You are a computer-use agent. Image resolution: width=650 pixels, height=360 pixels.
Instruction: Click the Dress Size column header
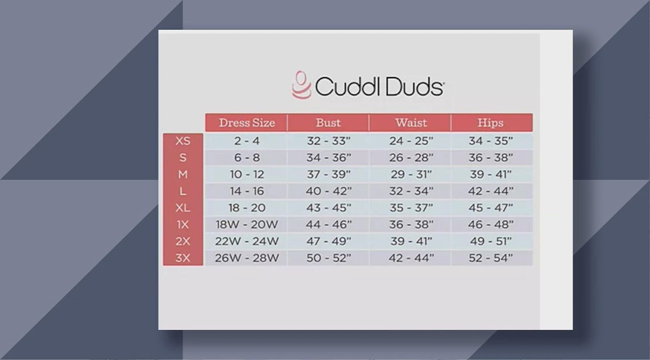[x=247, y=123]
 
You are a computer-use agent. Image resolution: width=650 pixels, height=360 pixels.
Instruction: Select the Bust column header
[x=328, y=123]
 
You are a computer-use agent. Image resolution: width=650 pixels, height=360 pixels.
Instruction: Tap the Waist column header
[x=411, y=123]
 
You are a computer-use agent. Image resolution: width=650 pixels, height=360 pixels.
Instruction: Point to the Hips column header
[x=491, y=123]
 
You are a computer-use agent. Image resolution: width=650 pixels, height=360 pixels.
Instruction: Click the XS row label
[x=183, y=141]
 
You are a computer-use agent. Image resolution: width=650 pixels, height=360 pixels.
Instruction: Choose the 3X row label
[x=183, y=258]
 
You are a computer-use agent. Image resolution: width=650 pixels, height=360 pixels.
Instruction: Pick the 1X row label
[x=183, y=224]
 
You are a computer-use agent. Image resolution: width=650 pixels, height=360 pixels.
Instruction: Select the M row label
[x=183, y=174]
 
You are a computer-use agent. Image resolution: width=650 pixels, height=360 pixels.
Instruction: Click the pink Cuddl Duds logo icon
[x=302, y=85]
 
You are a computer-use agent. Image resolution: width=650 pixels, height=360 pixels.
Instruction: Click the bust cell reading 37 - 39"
[x=329, y=174]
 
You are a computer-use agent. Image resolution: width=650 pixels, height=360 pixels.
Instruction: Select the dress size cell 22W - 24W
[x=247, y=241]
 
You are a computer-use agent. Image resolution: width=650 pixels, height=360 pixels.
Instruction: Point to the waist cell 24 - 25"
[x=411, y=141]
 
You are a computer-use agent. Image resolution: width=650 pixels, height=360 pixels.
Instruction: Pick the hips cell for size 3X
[x=491, y=258]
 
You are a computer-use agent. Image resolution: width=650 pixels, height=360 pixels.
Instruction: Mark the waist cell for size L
[x=411, y=191]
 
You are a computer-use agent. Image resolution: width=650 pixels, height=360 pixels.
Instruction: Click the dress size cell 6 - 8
[x=247, y=158]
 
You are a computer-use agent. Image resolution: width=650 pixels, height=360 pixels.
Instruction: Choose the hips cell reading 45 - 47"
[x=491, y=208]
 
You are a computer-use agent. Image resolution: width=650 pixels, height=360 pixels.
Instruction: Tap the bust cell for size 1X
[x=329, y=224]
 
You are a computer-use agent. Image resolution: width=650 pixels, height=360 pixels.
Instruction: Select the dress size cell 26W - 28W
[x=247, y=258]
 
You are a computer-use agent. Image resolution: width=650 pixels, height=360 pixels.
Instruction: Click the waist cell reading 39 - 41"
[x=411, y=241]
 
